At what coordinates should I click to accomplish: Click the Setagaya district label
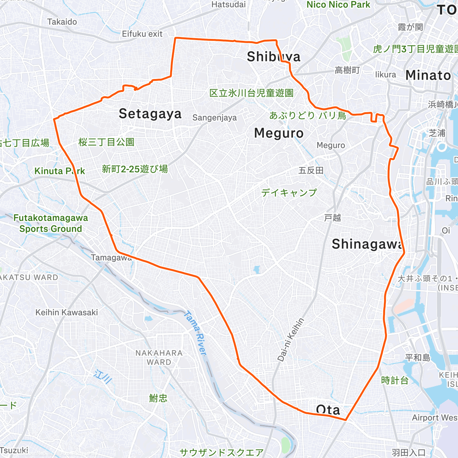(x=150, y=114)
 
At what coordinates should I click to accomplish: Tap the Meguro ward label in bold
(x=279, y=133)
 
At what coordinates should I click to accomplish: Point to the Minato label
(x=428, y=75)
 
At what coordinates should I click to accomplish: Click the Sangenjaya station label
(x=214, y=118)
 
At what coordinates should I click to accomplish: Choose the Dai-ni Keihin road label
(x=291, y=340)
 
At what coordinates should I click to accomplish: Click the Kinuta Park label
(x=60, y=171)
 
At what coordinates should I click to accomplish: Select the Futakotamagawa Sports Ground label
(x=50, y=223)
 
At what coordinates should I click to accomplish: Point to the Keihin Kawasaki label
(x=67, y=313)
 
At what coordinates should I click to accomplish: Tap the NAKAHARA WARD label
(x=159, y=358)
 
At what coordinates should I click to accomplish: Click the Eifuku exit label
(x=142, y=34)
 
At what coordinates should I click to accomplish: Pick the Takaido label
(x=62, y=22)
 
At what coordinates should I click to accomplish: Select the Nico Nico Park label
(x=339, y=5)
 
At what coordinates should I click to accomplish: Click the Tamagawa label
(x=111, y=258)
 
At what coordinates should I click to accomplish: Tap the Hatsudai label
(x=229, y=5)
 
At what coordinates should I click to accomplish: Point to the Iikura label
(x=385, y=75)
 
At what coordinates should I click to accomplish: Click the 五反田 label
(x=311, y=170)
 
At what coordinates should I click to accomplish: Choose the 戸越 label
(x=332, y=218)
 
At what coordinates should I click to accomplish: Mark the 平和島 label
(x=418, y=358)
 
